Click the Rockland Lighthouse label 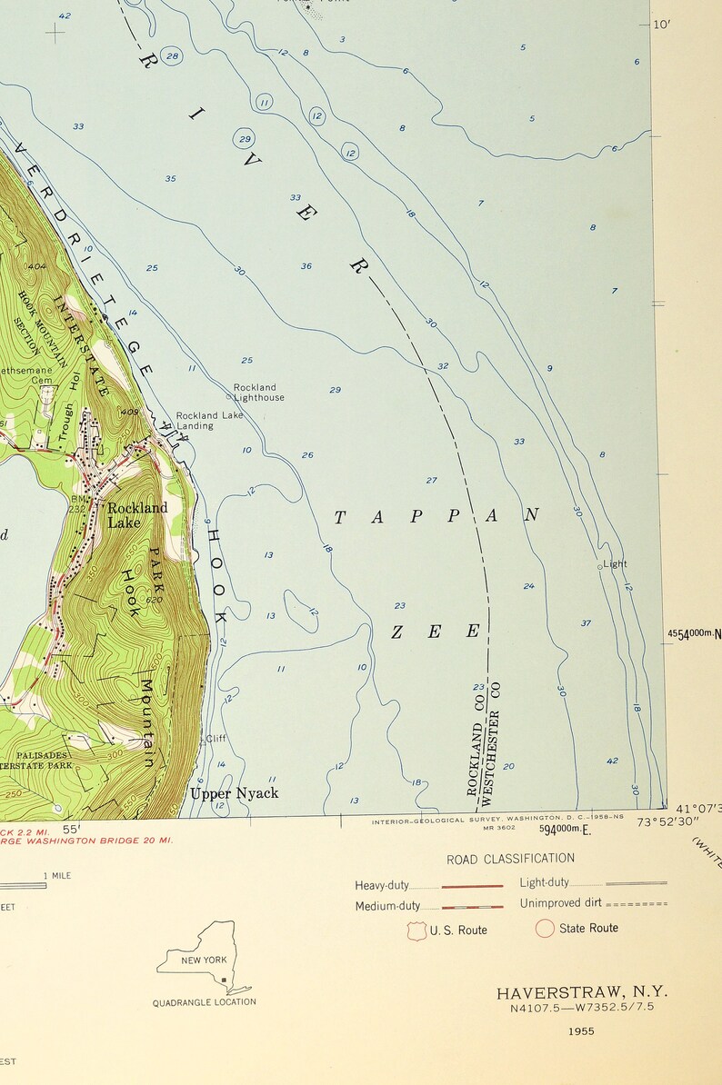[x=258, y=393]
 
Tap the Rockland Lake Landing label [x=209, y=421]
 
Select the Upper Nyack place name [x=234, y=793]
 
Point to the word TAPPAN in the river [x=436, y=516]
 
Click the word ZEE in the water [x=435, y=632]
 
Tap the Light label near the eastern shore [x=615, y=564]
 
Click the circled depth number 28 [x=172, y=56]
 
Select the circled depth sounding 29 [x=244, y=139]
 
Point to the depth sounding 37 [x=586, y=623]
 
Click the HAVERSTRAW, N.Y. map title [x=581, y=993]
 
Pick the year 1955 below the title [x=580, y=1030]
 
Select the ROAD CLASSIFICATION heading [x=510, y=859]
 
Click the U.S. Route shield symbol [x=417, y=930]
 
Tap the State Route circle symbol [x=545, y=929]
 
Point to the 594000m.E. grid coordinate [x=565, y=830]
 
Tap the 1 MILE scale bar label [x=58, y=876]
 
